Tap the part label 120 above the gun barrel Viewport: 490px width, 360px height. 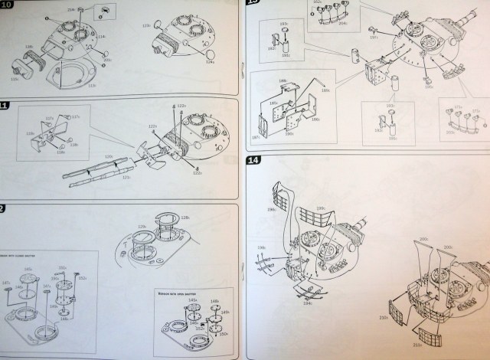[x=107, y=156]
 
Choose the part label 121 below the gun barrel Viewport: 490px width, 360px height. [x=127, y=178]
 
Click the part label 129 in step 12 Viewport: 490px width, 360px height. [x=142, y=226]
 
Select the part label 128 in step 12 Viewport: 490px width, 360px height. [x=185, y=218]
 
